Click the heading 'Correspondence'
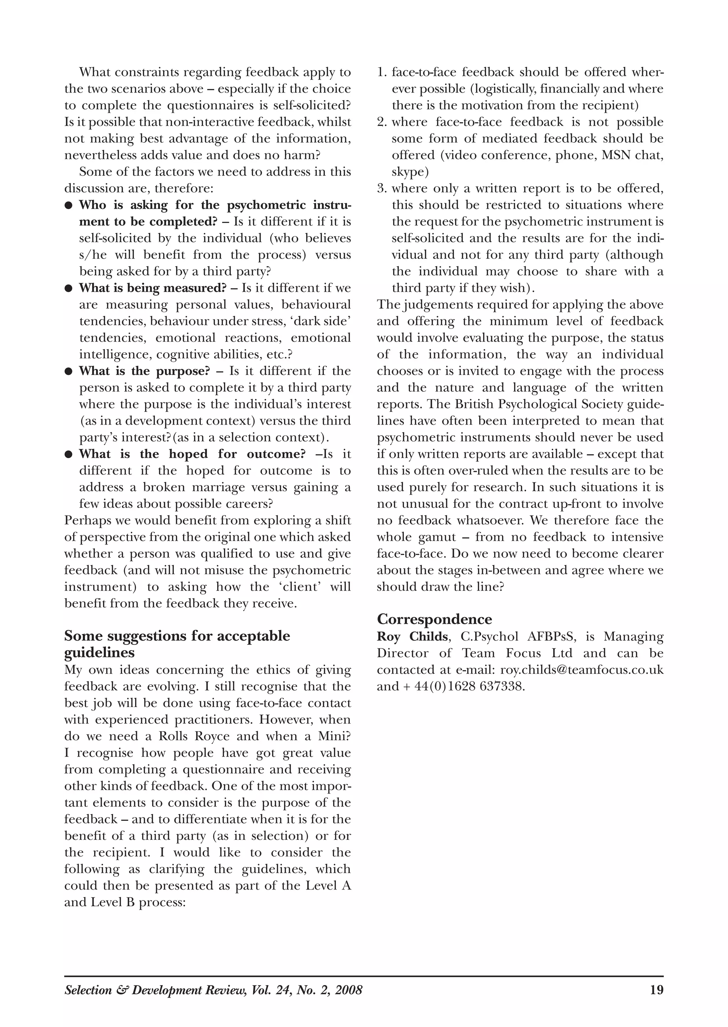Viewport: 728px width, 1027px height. pos(434,619)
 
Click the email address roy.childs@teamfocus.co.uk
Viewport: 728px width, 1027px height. pos(582,670)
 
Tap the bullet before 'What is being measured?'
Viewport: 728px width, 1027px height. pos(68,288)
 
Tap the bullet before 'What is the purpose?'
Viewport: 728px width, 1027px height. pos(68,371)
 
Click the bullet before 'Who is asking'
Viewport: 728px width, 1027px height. pos(68,206)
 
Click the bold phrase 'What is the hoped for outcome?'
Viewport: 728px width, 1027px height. pos(192,454)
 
